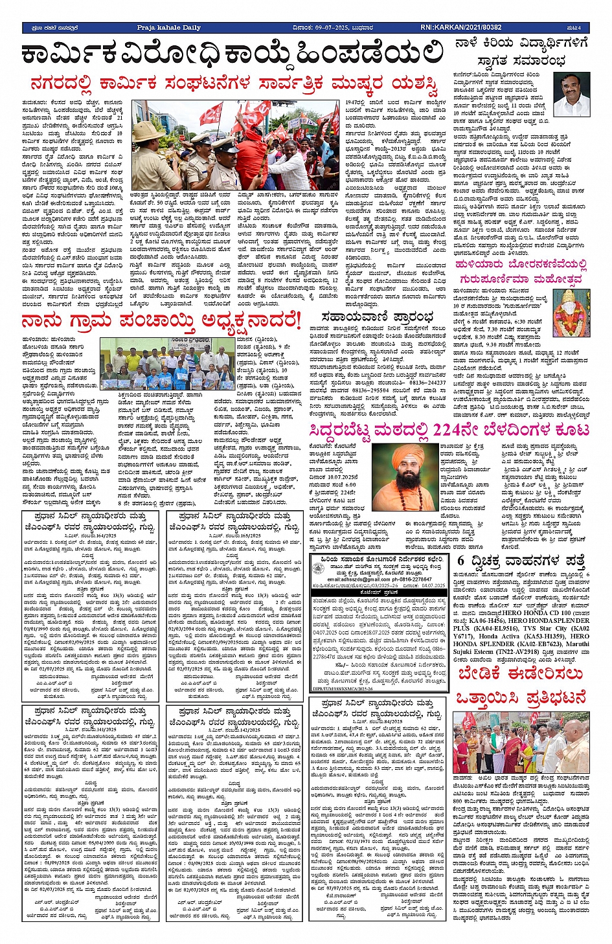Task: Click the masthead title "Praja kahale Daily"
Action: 168,28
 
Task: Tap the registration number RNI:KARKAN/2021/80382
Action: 460,28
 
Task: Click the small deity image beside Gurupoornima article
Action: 572,311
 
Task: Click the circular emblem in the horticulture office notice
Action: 317,567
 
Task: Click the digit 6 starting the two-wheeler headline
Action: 460,560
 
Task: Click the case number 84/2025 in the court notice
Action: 392,721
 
